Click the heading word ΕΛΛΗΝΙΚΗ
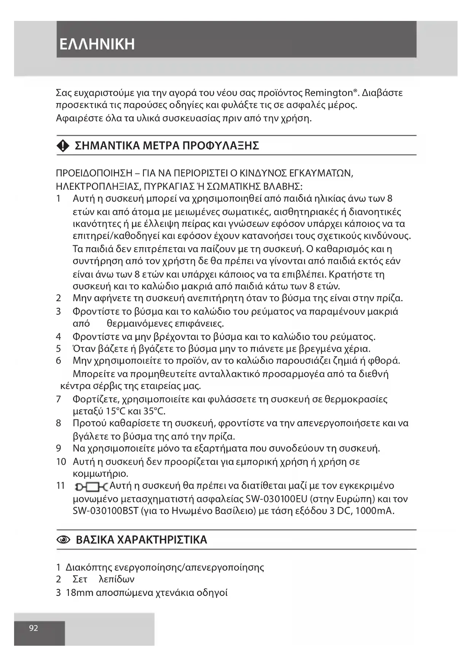97,44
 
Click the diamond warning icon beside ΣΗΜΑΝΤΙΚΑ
63,146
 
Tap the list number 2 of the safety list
59,298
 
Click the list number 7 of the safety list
59,399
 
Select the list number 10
61,462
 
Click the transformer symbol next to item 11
91,486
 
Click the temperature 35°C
154,411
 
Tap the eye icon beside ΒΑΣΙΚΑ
63,540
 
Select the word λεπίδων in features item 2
116,580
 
